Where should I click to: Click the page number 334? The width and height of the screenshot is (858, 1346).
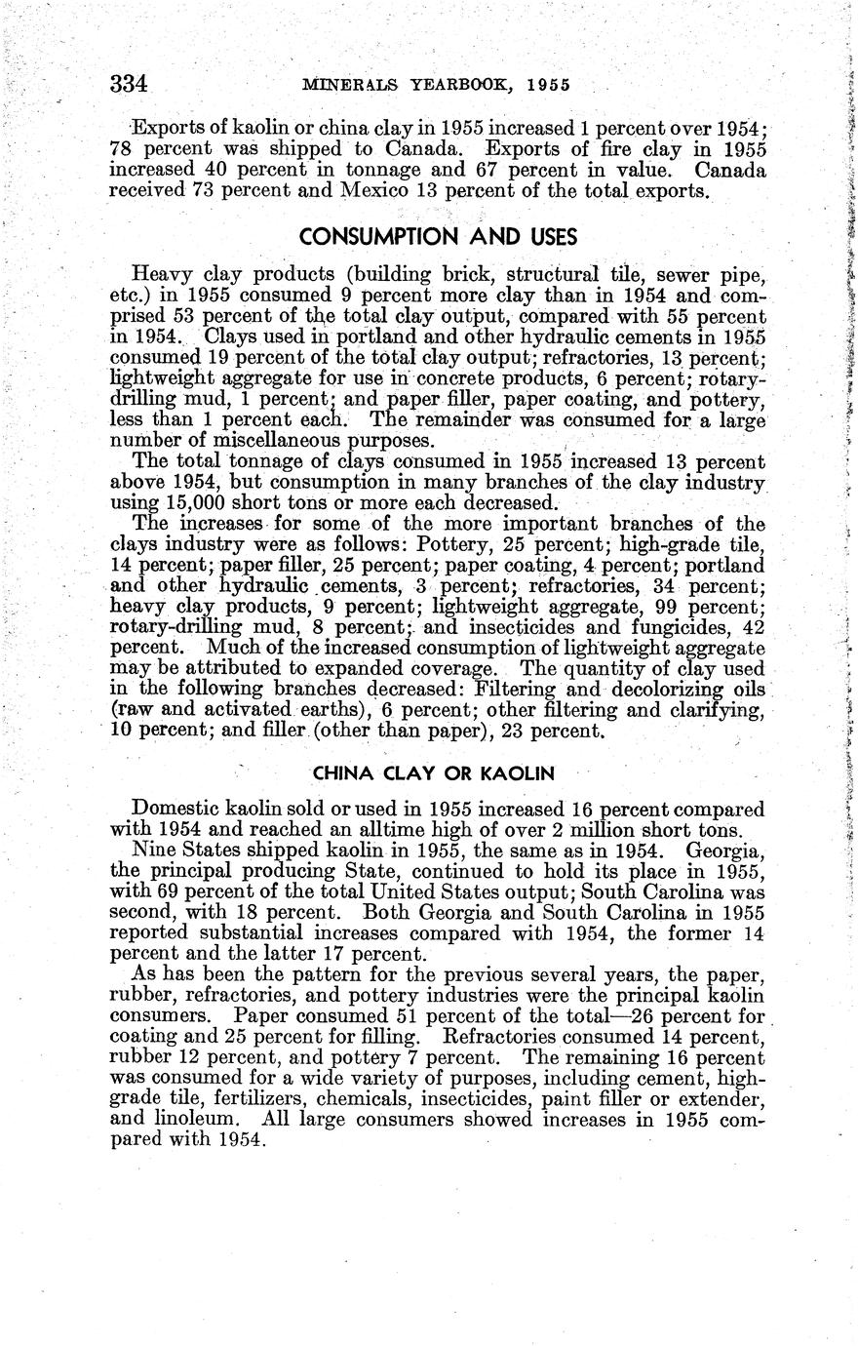tap(128, 84)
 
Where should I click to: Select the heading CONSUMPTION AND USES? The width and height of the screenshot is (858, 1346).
tap(438, 237)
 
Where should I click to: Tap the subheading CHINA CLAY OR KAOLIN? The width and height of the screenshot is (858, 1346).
tap(434, 773)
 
